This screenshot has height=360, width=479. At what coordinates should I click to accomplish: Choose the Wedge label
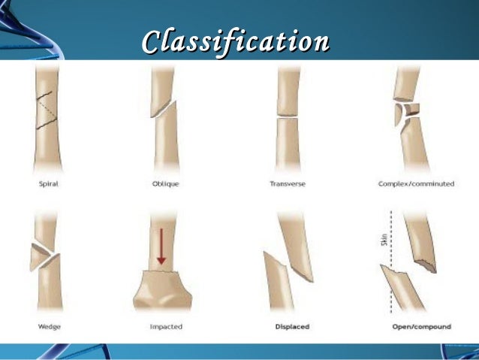click(49, 327)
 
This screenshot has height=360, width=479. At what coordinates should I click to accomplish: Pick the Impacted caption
click(166, 327)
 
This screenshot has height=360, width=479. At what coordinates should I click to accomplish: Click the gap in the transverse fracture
click(288, 116)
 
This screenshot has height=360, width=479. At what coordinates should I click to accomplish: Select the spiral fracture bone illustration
click(47, 120)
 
